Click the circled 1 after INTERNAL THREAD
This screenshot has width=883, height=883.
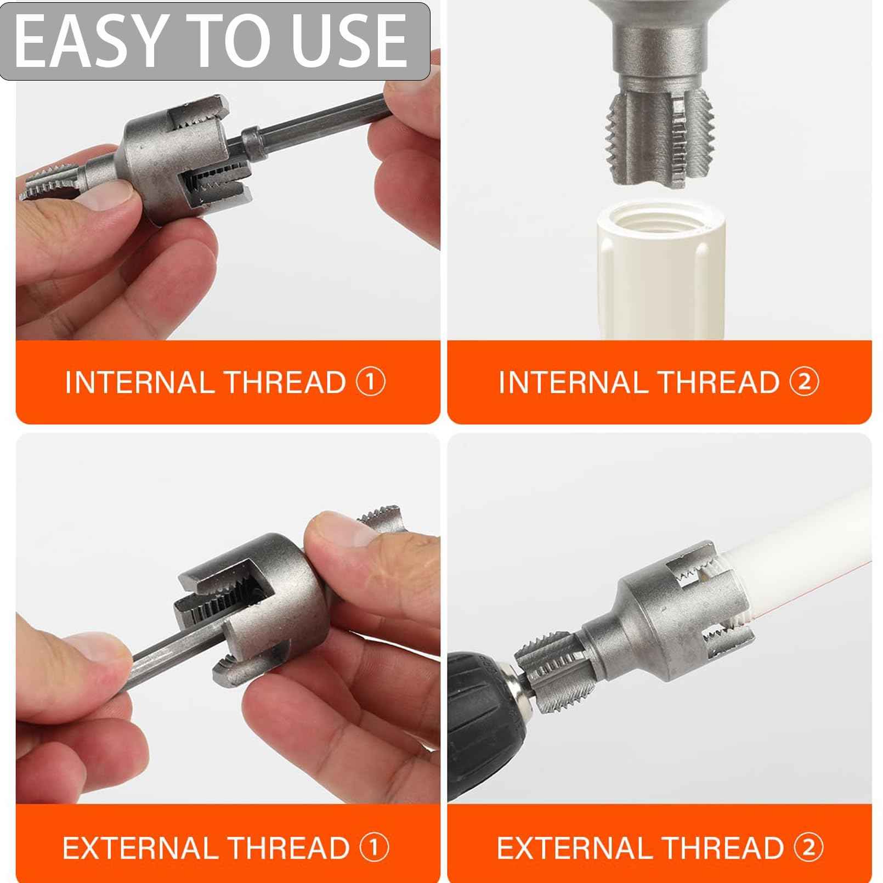pyautogui.click(x=371, y=382)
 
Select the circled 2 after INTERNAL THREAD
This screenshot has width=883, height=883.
pyautogui.click(x=804, y=382)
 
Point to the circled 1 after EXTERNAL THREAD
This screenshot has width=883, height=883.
pyautogui.click(x=374, y=847)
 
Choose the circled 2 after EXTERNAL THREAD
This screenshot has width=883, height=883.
pyautogui.click(x=808, y=847)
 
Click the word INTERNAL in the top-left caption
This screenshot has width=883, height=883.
pyautogui.click(x=139, y=382)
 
